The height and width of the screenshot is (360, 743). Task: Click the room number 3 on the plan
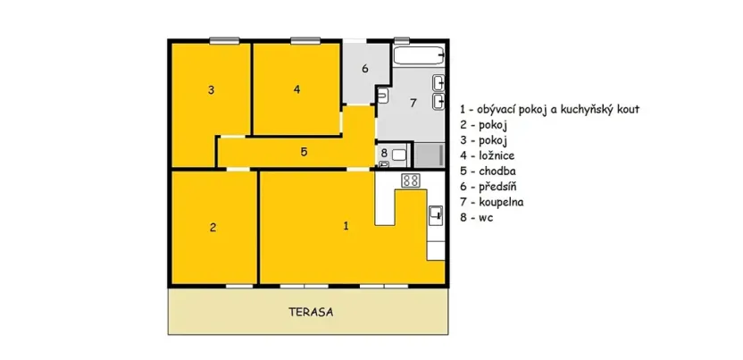coord(211,89)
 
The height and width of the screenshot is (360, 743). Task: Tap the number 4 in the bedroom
coord(296,88)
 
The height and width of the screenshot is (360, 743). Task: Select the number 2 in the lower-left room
coord(213,227)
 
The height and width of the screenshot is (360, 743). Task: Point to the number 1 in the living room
coord(346,225)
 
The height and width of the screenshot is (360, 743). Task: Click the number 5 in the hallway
coord(304,152)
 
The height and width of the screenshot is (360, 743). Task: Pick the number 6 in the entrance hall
coord(364,69)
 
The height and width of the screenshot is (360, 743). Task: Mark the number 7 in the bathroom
coord(412,103)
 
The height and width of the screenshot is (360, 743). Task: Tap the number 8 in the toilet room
coord(384,154)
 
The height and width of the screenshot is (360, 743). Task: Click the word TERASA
coord(310,313)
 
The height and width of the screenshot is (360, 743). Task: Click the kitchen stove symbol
coord(411,180)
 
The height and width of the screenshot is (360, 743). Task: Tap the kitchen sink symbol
coord(436,214)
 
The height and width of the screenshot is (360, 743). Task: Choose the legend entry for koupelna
coord(491,202)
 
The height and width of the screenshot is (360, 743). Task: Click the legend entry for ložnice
coord(488,155)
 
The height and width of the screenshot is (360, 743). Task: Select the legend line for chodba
coord(488,171)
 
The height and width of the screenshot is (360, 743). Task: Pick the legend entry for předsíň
coord(489,186)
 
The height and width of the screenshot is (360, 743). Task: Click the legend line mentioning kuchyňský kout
coord(549,109)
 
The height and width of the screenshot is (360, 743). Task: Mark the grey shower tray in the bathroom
coord(430,154)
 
